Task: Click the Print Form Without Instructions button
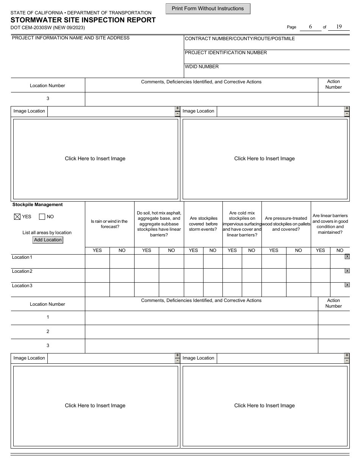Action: coord(208,9)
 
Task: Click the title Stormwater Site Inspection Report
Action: coord(83,20)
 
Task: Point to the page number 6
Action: coord(310,27)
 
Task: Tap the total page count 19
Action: coord(339,27)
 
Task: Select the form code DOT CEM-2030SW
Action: coord(47,28)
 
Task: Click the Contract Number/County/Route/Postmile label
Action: coord(239,39)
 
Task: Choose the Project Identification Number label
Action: coord(226,53)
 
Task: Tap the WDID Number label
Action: coord(202,67)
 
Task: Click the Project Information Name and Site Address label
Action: coord(71,38)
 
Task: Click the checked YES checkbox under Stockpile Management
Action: coord(17,217)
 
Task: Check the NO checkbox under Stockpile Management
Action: coord(42,217)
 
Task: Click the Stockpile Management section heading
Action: coord(38,205)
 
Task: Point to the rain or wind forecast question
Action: coord(109,224)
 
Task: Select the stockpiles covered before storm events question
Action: coord(203,224)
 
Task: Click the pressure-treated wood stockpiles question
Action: coord(286,224)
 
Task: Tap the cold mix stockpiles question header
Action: coord(242,224)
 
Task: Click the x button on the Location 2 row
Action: coord(347,271)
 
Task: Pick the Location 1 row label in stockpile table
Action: coord(22,257)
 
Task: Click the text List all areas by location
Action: coord(47,233)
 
